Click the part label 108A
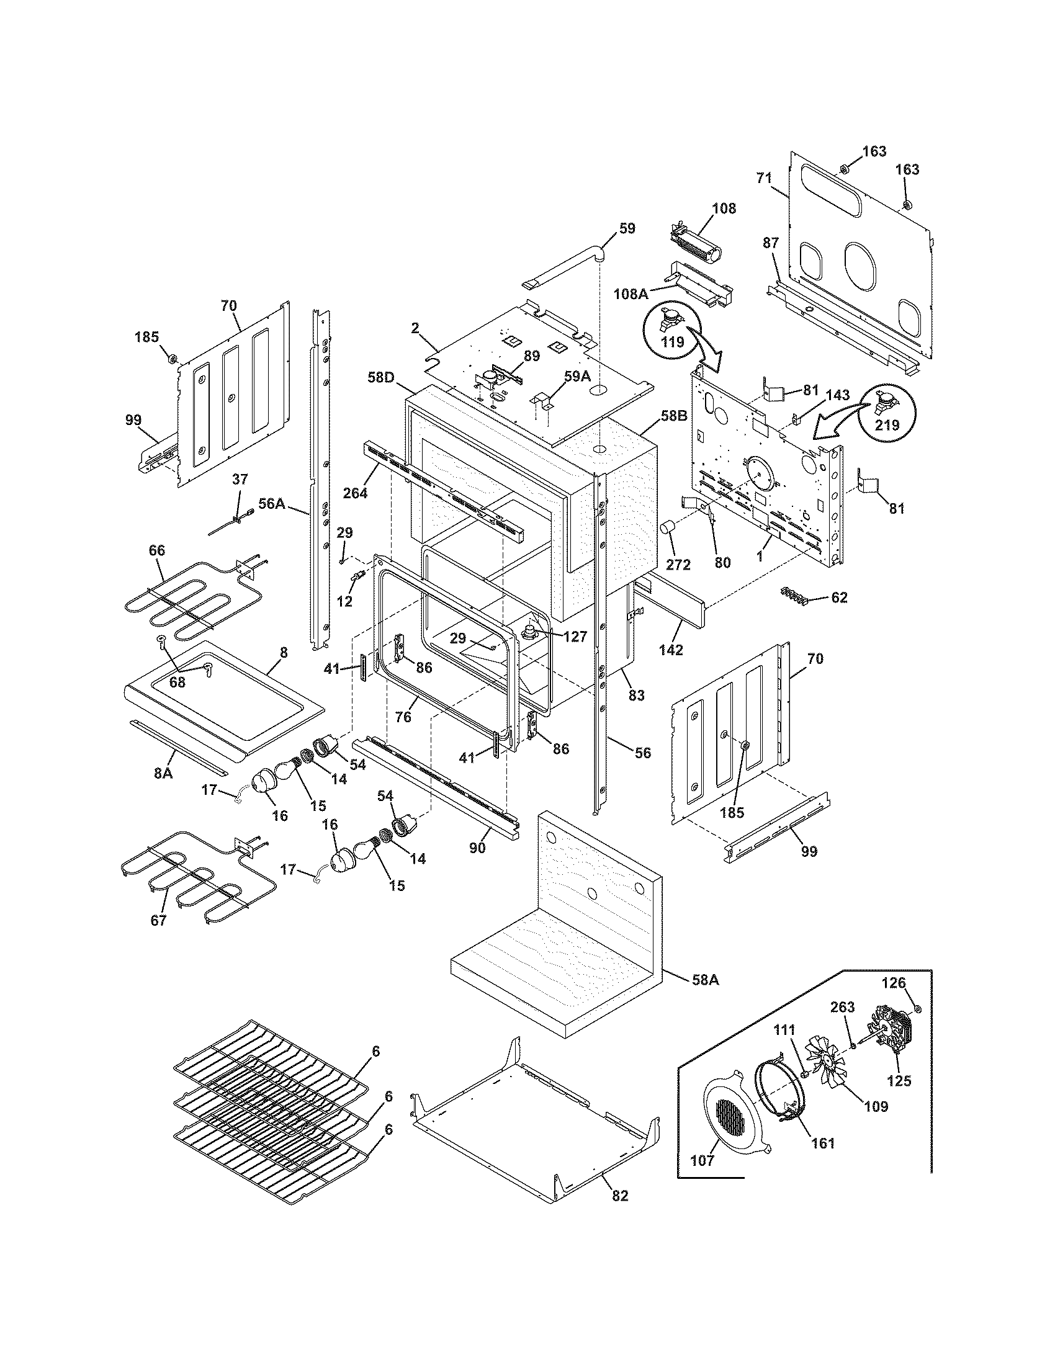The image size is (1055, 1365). click(x=630, y=292)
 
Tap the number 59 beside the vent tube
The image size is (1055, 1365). click(x=627, y=228)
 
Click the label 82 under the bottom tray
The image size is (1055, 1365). click(x=620, y=1195)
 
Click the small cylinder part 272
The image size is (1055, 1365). click(x=670, y=527)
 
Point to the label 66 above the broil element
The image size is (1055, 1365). click(x=157, y=550)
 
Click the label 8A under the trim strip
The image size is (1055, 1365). click(x=163, y=773)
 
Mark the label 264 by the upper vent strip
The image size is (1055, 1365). click(x=354, y=493)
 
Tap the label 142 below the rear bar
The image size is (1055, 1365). click(x=671, y=650)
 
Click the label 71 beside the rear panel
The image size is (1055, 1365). click(x=764, y=178)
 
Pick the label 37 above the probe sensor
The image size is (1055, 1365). click(x=240, y=480)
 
